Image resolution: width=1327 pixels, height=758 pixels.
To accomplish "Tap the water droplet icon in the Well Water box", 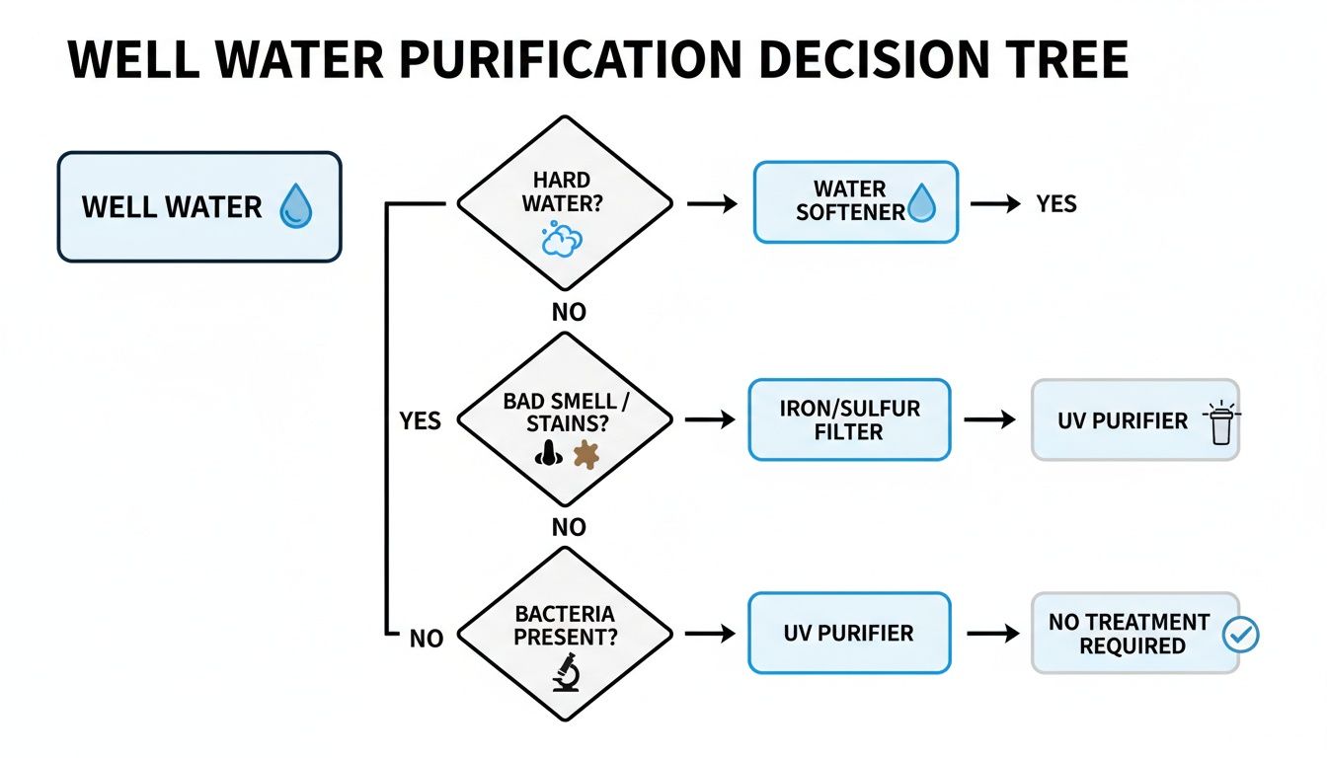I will [295, 208].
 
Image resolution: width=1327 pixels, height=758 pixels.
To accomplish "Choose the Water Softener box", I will [855, 202].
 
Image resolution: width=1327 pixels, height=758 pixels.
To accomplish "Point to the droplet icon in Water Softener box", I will [920, 204].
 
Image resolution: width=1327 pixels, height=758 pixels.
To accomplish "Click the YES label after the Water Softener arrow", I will [1055, 204].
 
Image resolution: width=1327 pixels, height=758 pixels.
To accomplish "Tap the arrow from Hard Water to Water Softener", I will [712, 204].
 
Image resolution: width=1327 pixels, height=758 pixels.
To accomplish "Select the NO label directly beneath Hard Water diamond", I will [568, 312].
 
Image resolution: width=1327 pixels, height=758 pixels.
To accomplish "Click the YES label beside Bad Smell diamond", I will [420, 421].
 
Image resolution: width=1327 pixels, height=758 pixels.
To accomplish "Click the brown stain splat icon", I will [585, 454].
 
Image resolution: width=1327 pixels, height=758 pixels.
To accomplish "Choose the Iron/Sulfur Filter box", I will [849, 420].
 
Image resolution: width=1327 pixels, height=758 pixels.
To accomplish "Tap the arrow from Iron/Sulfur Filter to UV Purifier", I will [989, 420].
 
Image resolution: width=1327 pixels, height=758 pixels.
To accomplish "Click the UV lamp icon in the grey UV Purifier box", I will [1220, 423].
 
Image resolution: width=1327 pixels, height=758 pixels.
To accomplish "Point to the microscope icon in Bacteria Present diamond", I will [565, 672].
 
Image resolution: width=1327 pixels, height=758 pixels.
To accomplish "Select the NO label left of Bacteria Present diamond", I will [426, 639].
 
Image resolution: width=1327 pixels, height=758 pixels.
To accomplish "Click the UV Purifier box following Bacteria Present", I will [849, 633].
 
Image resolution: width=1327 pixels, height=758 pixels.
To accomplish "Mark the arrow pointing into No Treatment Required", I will [992, 634].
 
